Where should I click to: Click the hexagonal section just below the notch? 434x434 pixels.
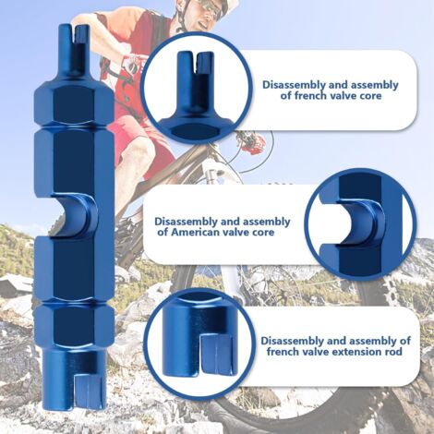pyautogui.click(x=75, y=268)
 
